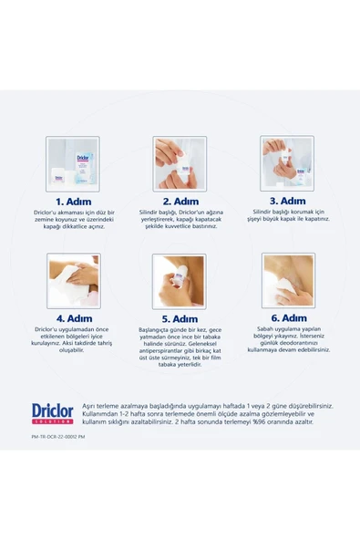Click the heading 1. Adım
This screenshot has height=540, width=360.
pos(73,201)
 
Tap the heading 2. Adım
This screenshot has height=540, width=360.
pos(180,201)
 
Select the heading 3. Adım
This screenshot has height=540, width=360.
pos(287,201)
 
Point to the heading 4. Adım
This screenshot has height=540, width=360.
pos(73,319)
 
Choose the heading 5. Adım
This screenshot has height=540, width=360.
pos(180,319)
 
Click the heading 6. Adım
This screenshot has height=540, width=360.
pos(287,319)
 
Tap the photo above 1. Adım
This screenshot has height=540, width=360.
pos(73,163)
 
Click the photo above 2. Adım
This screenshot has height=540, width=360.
pos(180,163)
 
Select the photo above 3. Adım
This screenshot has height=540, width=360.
pos(287,163)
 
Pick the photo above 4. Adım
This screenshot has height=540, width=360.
pos(73,281)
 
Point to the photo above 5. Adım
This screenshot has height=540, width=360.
pos(180,281)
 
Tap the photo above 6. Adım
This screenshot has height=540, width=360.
pos(287,281)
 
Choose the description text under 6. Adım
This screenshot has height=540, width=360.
pos(287,342)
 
